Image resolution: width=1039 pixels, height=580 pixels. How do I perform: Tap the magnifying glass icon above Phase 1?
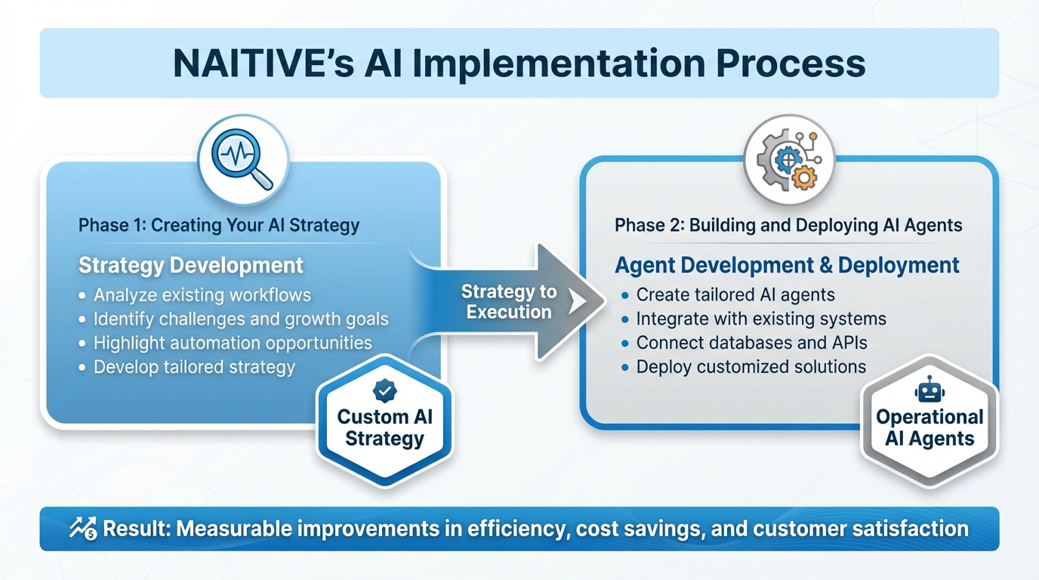[242, 160]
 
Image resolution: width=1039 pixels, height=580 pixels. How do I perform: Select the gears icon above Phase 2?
[789, 160]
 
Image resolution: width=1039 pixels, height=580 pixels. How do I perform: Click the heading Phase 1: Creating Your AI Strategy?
[219, 225]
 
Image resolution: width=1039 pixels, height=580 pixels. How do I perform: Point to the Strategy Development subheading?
[191, 266]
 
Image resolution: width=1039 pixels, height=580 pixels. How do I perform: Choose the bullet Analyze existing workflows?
[202, 295]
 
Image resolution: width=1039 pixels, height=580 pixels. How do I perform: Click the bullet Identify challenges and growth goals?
[240, 319]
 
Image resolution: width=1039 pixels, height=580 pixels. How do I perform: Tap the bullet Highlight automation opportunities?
[233, 343]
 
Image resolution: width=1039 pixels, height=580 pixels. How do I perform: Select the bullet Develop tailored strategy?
[194, 368]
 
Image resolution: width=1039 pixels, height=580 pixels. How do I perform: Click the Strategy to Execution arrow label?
[508, 302]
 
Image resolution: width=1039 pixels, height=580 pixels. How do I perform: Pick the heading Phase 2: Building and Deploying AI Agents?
[788, 225]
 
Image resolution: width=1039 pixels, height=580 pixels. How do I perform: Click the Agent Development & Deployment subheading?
[787, 266]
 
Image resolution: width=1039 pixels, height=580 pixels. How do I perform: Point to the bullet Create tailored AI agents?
[735, 295]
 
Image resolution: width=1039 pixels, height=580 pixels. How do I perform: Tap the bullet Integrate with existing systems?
[761, 319]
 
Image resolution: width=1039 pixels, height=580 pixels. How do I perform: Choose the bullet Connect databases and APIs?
[751, 343]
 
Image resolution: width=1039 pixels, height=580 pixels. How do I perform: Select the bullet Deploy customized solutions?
[751, 367]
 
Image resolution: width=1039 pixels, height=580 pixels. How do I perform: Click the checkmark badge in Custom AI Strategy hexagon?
[384, 390]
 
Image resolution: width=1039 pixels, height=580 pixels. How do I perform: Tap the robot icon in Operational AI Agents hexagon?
[929, 390]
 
